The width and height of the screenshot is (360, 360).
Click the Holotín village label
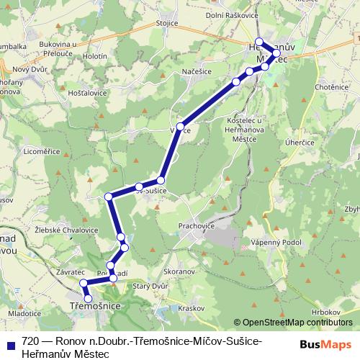pyautogui.click(x=95, y=55)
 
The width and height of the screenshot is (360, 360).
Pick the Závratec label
pyautogui.click(x=69, y=272)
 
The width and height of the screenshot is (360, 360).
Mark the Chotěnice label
pyautogui.click(x=331, y=87)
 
